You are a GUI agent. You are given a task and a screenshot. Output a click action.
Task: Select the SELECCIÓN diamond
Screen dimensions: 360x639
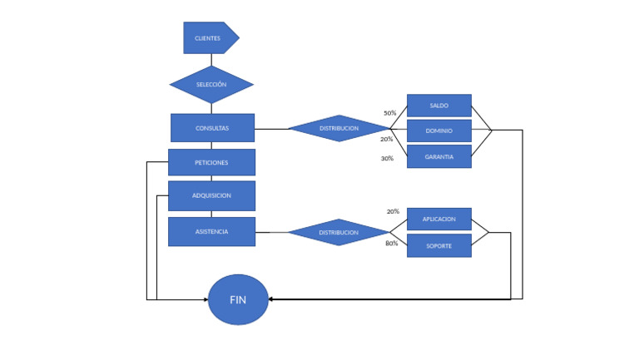click(x=211, y=85)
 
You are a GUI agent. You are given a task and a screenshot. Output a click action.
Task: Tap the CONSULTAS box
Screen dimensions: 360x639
click(x=212, y=128)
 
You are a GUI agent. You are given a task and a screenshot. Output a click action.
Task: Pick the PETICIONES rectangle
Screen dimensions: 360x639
click(x=211, y=162)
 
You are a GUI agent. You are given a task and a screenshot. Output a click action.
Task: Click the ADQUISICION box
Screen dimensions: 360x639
click(x=211, y=195)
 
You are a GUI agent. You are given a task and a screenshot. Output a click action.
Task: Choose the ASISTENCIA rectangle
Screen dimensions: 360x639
click(x=211, y=231)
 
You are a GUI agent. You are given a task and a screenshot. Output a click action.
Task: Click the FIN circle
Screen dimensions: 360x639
click(x=238, y=299)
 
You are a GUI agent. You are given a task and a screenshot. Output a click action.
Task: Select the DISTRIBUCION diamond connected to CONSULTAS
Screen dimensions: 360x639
click(x=339, y=128)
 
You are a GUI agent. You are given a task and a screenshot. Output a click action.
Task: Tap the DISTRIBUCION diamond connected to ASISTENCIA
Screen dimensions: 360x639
click(x=339, y=232)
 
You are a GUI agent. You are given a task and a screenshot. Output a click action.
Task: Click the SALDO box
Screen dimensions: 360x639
click(x=438, y=106)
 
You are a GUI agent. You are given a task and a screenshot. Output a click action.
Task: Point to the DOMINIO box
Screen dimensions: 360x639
click(x=438, y=131)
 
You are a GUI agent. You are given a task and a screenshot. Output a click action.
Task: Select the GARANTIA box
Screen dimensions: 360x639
click(x=438, y=156)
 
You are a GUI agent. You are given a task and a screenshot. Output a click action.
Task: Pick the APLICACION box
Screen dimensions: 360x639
click(x=438, y=219)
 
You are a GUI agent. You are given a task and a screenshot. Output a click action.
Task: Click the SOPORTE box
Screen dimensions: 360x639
click(x=438, y=245)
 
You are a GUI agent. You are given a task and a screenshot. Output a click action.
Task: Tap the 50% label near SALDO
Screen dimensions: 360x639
click(x=389, y=113)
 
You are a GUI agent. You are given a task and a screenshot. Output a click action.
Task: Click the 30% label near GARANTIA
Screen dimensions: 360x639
click(x=387, y=158)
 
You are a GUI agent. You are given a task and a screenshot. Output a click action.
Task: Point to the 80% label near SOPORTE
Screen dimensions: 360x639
click(x=391, y=244)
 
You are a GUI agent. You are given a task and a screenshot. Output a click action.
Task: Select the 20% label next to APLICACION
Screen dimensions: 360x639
click(x=393, y=211)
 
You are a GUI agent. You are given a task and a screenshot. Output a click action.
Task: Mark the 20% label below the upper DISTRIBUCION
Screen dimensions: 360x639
click(x=386, y=139)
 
